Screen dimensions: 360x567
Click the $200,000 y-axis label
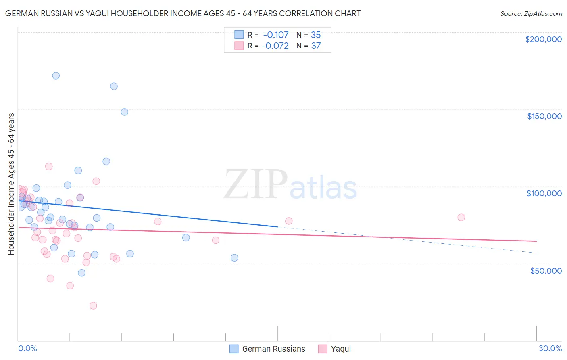pos(543,39)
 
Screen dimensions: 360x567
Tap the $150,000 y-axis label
pos(544,116)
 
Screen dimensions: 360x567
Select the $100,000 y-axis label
pos(544,193)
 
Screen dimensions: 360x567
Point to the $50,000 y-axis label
pos(546,270)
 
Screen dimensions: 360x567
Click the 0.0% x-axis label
pos(27,348)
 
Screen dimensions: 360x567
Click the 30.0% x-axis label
pos(550,348)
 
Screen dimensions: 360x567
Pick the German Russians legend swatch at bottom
pos(234,349)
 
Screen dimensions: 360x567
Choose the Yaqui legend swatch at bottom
pos(323,349)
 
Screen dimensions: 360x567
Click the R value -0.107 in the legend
pos(275,35)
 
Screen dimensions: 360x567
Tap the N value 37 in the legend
pos(316,46)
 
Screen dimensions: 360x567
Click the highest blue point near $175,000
pos(56,75)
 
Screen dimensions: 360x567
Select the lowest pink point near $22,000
pos(93,306)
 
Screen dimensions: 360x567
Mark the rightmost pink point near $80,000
pos(461,217)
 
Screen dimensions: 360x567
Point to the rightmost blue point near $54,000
pos(234,257)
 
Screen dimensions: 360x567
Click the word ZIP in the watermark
pos(255,185)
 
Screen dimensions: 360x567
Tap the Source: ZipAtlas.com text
pos(531,14)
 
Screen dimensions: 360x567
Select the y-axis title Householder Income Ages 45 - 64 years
pos(11,184)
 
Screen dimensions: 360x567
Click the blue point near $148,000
pos(125,112)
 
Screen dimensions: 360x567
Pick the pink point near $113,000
pos(49,166)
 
